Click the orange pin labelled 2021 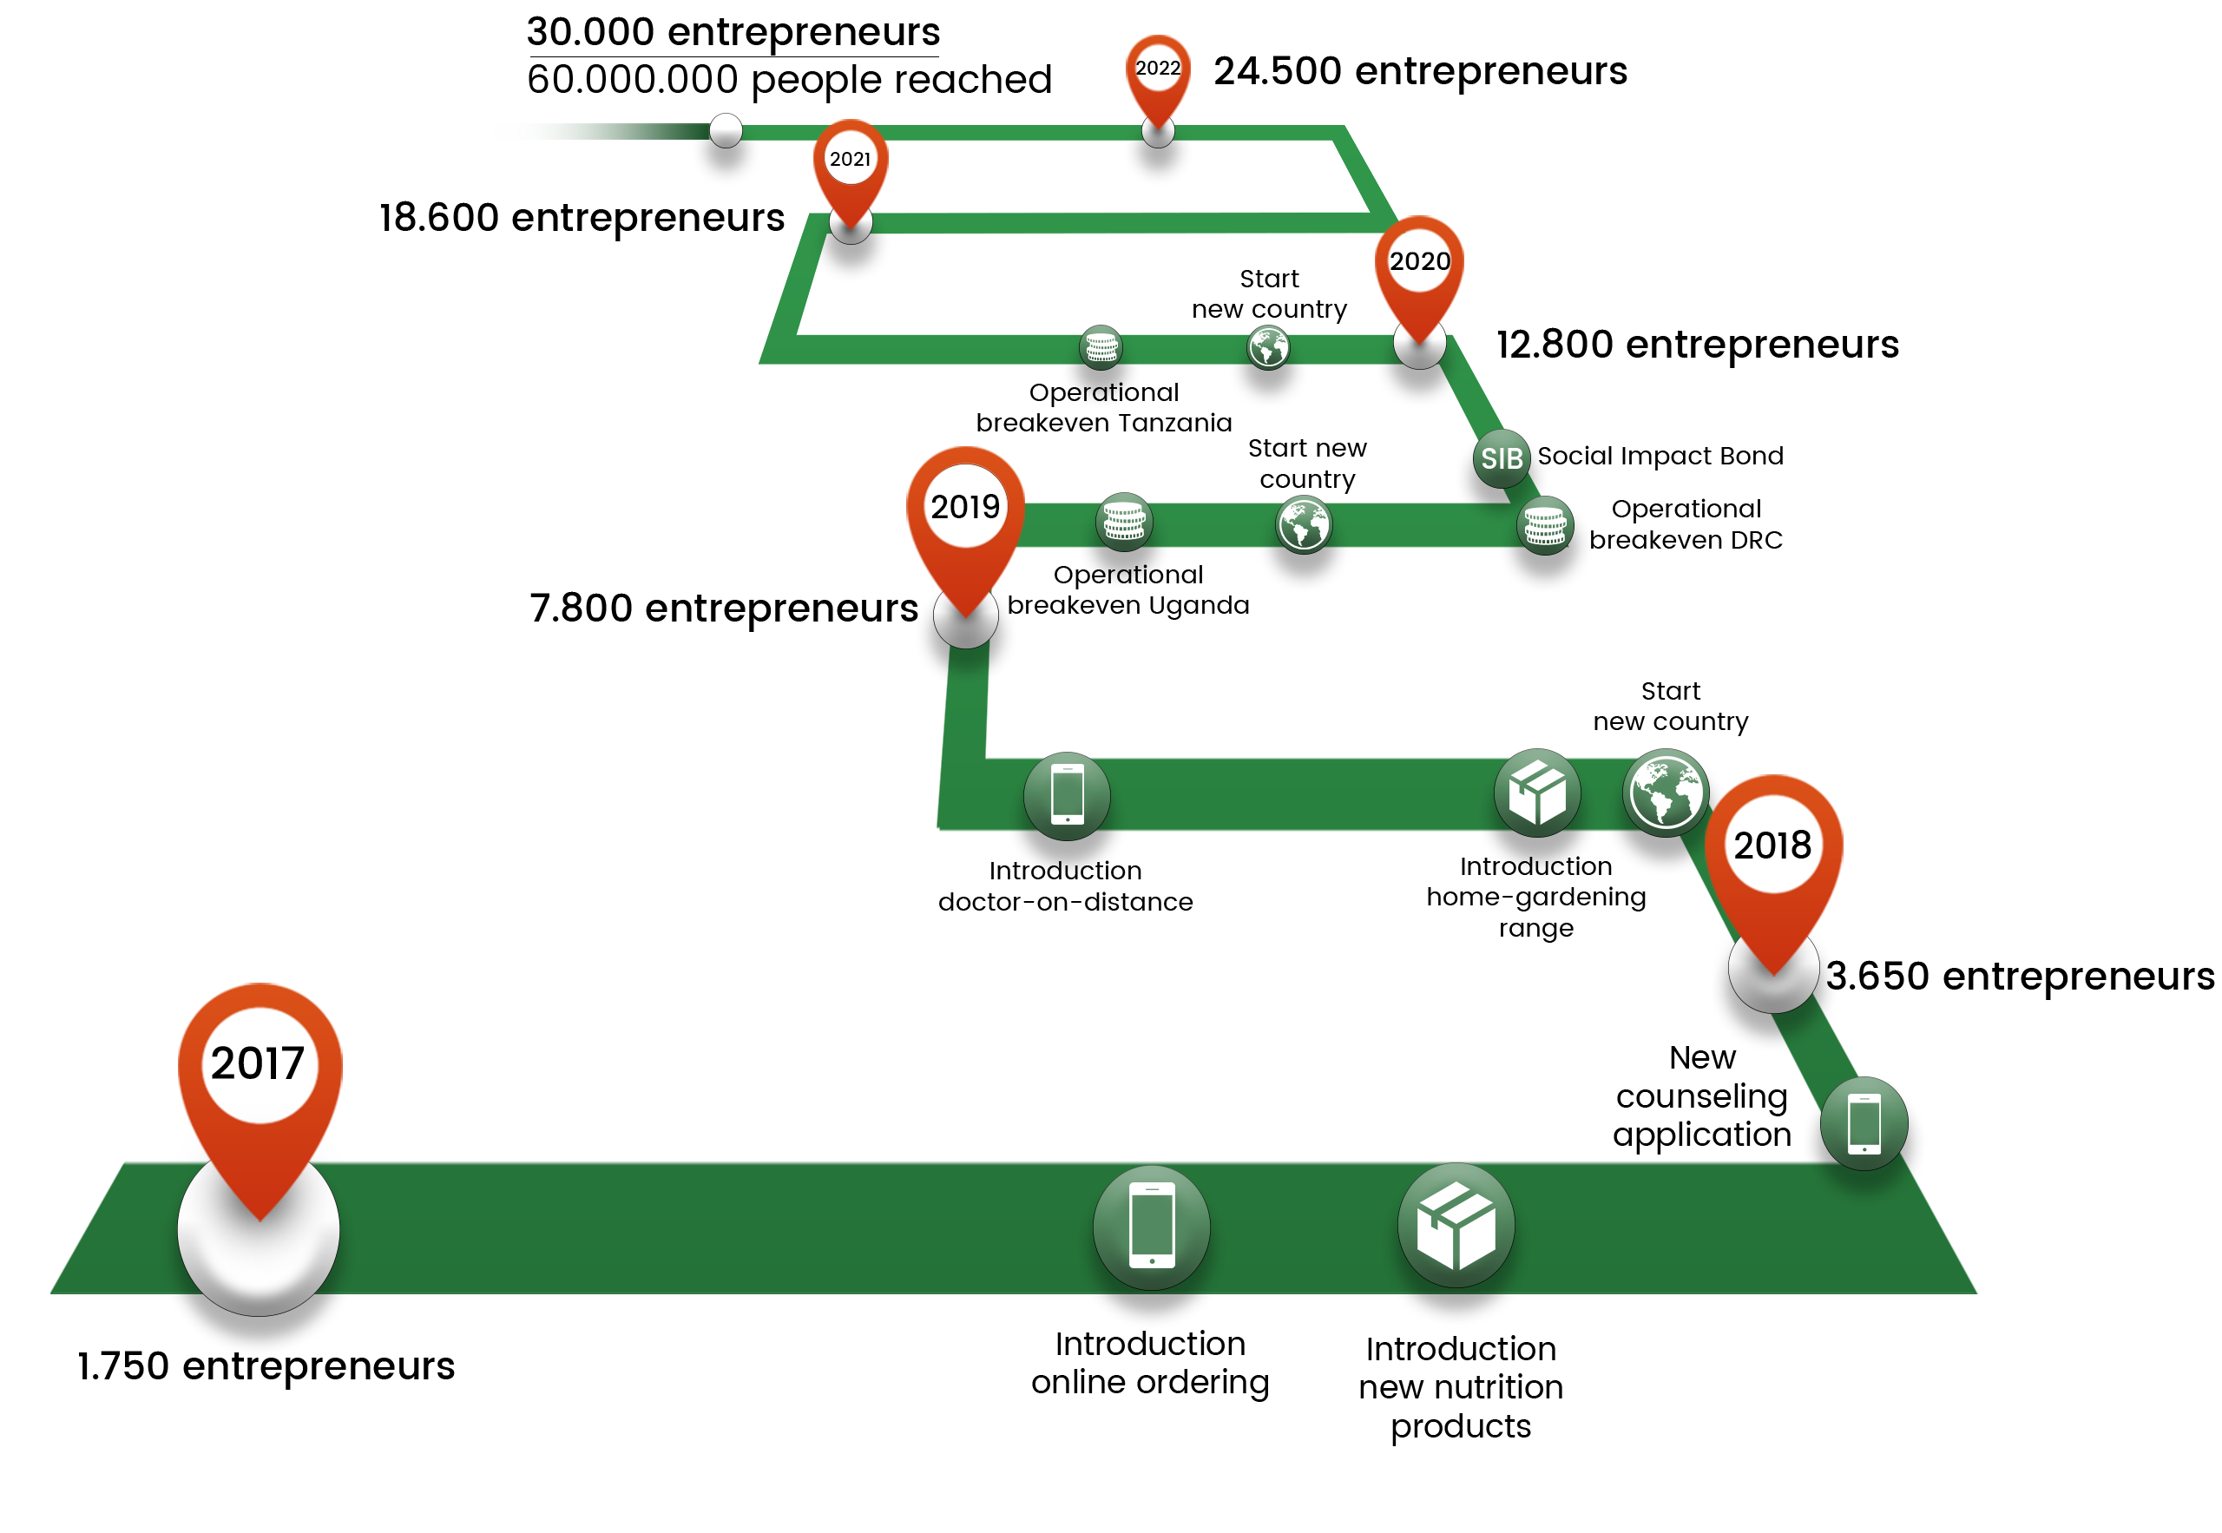point(850,163)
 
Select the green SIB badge point(1501,458)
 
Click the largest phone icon point(1151,1226)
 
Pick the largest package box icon point(1456,1225)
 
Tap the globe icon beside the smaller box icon point(1665,793)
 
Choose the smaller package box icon point(1536,793)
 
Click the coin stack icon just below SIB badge point(1544,525)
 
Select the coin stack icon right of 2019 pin point(1123,522)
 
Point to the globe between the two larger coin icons point(1303,523)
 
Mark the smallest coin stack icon point(1101,346)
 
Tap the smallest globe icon point(1267,346)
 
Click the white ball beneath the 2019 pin point(965,620)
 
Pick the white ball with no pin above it point(725,129)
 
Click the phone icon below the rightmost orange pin point(1864,1123)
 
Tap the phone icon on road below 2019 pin point(1067,794)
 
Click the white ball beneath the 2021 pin point(850,225)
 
